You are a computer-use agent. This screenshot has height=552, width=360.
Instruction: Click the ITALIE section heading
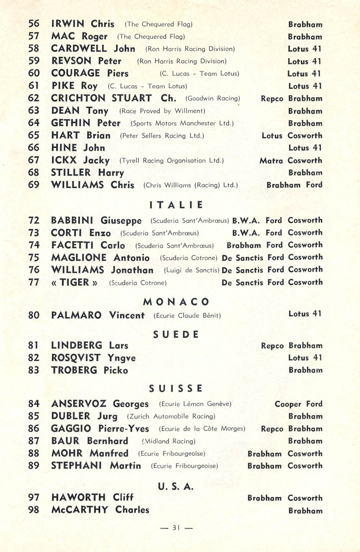(x=176, y=205)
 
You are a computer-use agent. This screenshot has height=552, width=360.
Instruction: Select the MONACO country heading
(x=176, y=302)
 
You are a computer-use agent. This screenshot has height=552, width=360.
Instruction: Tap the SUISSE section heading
(x=176, y=389)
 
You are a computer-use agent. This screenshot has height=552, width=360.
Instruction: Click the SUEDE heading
(x=176, y=334)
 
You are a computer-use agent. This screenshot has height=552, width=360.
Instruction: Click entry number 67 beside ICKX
(x=34, y=161)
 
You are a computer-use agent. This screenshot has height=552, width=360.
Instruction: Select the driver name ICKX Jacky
(x=80, y=161)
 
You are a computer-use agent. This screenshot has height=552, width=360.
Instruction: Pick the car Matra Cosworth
(x=291, y=161)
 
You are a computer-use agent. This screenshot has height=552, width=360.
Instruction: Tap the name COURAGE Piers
(x=90, y=74)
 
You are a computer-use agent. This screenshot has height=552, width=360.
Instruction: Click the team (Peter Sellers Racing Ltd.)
(x=162, y=136)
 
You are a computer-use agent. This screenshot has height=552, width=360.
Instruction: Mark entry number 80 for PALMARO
(x=34, y=316)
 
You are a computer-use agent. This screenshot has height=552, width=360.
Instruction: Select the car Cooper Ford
(x=298, y=404)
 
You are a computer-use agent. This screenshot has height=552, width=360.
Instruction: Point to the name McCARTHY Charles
(x=100, y=510)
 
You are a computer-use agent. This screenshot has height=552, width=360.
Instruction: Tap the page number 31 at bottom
(x=176, y=528)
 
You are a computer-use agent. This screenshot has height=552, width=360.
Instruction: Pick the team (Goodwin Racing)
(x=213, y=98)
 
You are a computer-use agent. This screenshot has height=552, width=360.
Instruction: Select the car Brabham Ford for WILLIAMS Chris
(x=295, y=185)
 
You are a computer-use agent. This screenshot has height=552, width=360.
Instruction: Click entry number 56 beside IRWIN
(x=34, y=24)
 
